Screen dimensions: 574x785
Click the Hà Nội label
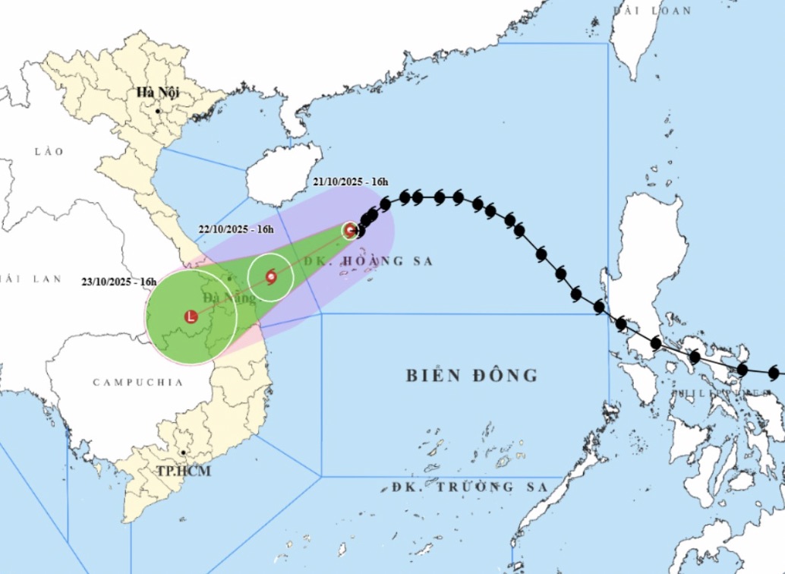[157, 93]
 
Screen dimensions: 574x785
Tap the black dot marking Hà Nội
[158, 111]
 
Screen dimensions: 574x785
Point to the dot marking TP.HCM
[183, 453]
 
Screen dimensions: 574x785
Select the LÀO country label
[49, 152]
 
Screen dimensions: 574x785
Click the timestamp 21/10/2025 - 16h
[351, 181]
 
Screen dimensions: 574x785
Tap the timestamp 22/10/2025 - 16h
[236, 229]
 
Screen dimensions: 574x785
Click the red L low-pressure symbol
[191, 317]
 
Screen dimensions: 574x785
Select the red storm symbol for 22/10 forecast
[271, 277]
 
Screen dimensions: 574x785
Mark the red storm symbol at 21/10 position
[350, 230]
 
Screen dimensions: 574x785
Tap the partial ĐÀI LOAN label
[652, 11]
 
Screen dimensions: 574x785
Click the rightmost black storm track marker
[774, 373]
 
